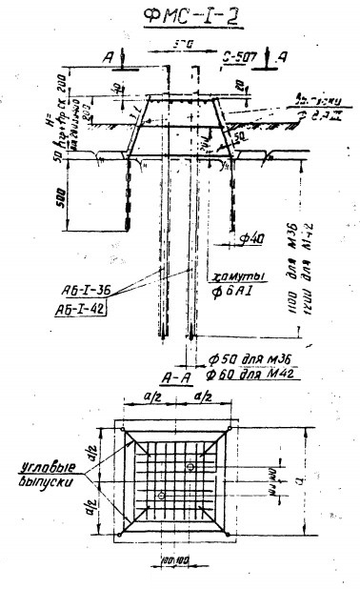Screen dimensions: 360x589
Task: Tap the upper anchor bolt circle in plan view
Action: (191, 466)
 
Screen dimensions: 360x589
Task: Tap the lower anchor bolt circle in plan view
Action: (163, 496)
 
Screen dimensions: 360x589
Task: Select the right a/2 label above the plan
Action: (199, 394)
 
